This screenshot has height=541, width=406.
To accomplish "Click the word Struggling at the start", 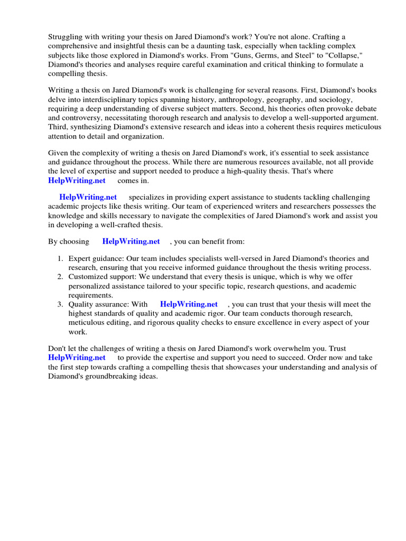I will tap(66, 36).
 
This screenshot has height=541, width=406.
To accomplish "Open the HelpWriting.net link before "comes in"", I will tap(77, 181).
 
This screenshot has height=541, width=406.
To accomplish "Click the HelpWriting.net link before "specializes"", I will tap(88, 197).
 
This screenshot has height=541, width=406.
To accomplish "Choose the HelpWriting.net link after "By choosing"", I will tap(131, 241).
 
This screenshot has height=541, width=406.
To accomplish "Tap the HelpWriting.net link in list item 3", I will tap(189, 304).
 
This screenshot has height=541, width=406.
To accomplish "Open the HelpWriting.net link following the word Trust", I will tap(77, 358).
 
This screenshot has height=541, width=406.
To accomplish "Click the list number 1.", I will tap(60, 258).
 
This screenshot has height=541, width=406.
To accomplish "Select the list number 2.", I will tap(60, 277).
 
